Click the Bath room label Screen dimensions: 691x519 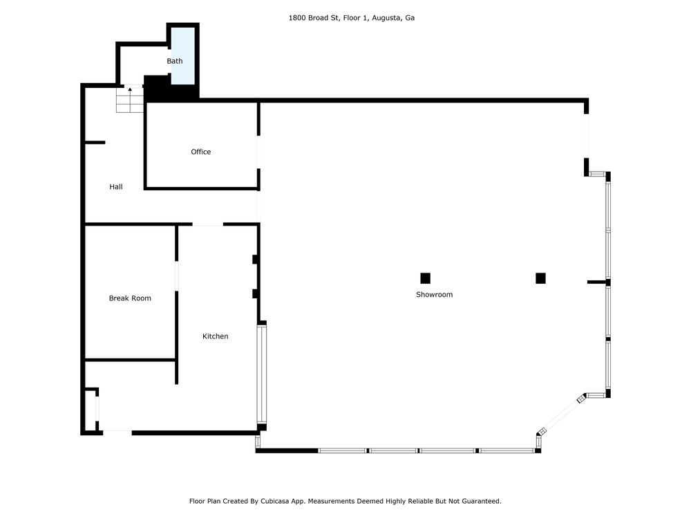[175, 61]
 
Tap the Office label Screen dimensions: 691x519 [200, 152]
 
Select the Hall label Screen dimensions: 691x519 [116, 187]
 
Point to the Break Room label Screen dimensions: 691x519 [130, 298]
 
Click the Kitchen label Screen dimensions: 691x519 [215, 336]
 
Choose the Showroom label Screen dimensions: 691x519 [434, 294]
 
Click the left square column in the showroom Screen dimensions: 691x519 [425, 278]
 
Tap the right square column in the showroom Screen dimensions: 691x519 [541, 278]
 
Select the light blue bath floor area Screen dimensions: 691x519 [183, 55]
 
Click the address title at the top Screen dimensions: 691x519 [351, 18]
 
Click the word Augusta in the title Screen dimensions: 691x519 [386, 18]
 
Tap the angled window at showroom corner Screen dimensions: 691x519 [560, 415]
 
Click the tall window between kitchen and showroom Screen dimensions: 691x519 [261, 374]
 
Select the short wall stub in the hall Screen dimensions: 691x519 [95, 143]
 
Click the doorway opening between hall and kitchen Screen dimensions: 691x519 [207, 225]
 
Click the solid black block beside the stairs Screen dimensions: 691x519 [171, 89]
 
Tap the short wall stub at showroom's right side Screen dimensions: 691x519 [597, 282]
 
